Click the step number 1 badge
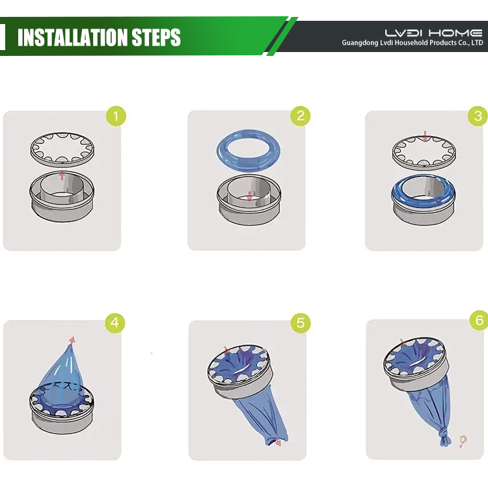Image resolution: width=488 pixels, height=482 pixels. point(116,116)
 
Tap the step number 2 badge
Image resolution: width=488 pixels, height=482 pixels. point(301,116)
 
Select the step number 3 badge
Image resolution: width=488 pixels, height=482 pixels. point(478,116)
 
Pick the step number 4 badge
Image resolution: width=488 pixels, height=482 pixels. point(115,323)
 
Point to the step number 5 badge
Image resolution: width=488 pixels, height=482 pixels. point(301,323)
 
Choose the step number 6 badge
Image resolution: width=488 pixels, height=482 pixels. point(479,320)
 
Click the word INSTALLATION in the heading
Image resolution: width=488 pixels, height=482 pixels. point(72,37)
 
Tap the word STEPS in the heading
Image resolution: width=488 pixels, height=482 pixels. point(156,37)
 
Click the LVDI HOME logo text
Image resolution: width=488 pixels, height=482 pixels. point(433,33)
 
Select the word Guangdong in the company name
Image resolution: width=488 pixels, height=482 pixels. point(360,43)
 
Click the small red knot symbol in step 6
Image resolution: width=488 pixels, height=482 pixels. point(463,441)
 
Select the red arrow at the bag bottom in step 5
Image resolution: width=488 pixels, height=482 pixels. point(277,442)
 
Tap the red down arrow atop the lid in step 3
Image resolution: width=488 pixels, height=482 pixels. point(425,136)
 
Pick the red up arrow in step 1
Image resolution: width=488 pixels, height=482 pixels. point(62,176)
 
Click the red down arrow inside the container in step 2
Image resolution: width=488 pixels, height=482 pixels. point(249,196)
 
